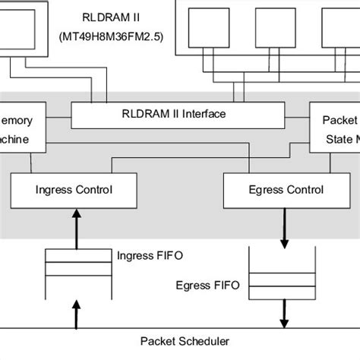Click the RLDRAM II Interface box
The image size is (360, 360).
pyautogui.click(x=177, y=115)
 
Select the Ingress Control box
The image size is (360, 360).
pyautogui.click(x=74, y=190)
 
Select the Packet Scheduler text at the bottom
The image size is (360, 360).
pyautogui.click(x=179, y=342)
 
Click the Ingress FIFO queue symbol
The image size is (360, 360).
pyautogui.click(x=75, y=270)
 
